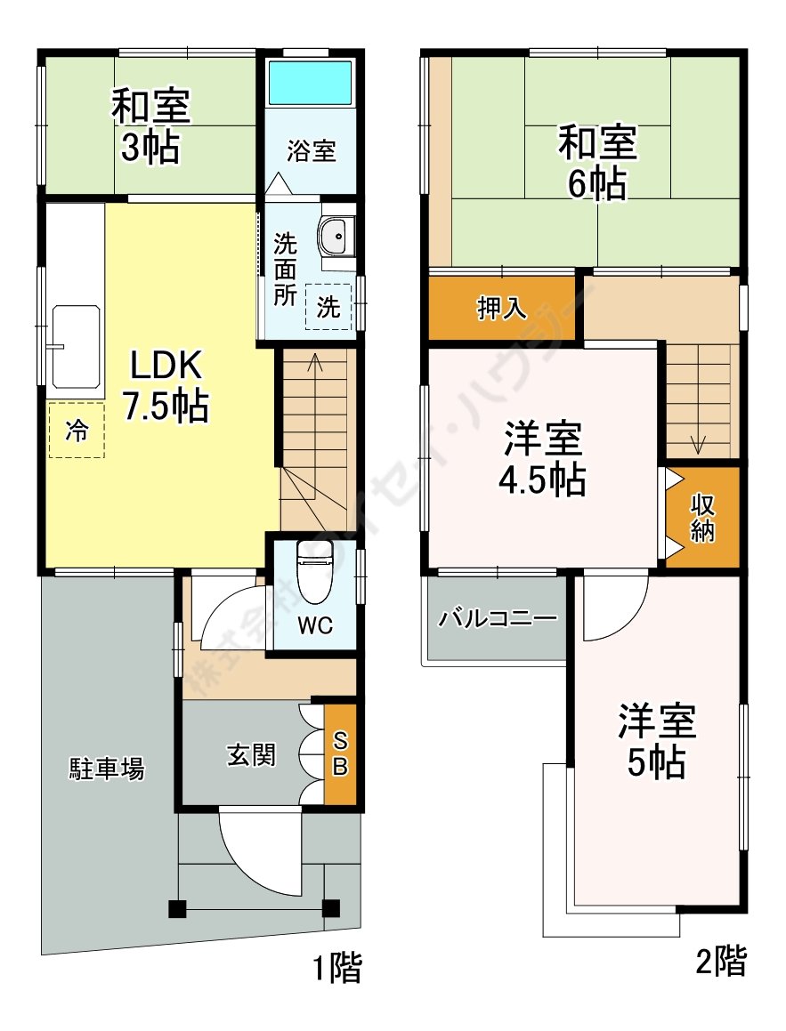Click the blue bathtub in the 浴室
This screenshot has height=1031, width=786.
pyautogui.click(x=310, y=82)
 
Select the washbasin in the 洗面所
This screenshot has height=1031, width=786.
pyautogui.click(x=336, y=236)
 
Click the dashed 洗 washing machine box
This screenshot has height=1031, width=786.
pyautogui.click(x=328, y=306)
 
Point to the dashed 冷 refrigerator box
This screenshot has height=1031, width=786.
pyautogui.click(x=77, y=431)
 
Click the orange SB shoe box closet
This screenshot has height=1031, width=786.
pyautogui.click(x=340, y=753)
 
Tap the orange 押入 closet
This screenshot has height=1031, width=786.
pyautogui.click(x=503, y=308)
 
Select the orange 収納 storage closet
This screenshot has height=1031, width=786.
pyautogui.click(x=702, y=518)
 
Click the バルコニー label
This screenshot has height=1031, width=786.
pyautogui.click(x=498, y=618)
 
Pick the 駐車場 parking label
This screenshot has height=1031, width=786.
pyautogui.click(x=107, y=768)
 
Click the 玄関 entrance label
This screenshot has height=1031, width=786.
pyautogui.click(x=251, y=754)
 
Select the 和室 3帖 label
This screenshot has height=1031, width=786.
pyautogui.click(x=150, y=126)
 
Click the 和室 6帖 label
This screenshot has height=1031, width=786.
pyautogui.click(x=598, y=163)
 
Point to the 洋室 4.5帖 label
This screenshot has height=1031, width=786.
pyautogui.click(x=543, y=459)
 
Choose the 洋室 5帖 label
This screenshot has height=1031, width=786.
pyautogui.click(x=656, y=741)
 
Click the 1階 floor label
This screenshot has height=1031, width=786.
pyautogui.click(x=336, y=968)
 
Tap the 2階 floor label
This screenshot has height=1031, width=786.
pyautogui.click(x=721, y=961)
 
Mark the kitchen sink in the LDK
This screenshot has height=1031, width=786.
pyautogui.click(x=75, y=347)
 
